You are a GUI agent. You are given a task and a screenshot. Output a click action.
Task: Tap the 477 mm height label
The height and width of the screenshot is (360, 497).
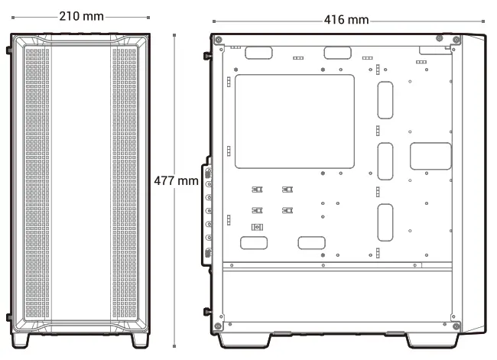[x=177, y=182]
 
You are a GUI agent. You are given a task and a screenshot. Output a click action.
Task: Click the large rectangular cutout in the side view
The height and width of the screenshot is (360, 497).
[x=294, y=121]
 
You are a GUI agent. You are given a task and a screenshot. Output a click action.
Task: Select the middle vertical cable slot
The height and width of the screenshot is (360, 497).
[x=385, y=161]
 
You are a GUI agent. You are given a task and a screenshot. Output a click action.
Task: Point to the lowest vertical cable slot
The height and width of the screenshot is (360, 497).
[x=385, y=222]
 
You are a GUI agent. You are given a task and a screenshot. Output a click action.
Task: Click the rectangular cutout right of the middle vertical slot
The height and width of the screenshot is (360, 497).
[x=430, y=156]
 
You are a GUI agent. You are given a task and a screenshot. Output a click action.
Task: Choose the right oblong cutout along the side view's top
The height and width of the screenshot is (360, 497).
[x=336, y=53]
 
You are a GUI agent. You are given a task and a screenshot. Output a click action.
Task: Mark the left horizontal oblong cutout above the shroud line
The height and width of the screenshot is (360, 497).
[x=254, y=243]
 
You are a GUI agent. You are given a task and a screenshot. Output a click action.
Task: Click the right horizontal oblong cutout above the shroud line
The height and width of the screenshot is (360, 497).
[x=312, y=243]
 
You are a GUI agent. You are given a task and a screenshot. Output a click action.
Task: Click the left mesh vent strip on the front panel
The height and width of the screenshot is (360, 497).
[x=37, y=183]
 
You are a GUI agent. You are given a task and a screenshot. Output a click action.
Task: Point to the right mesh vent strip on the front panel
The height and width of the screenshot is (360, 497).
[x=126, y=183]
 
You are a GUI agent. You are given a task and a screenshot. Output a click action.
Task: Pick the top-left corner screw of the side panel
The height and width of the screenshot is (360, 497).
[x=219, y=39]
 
